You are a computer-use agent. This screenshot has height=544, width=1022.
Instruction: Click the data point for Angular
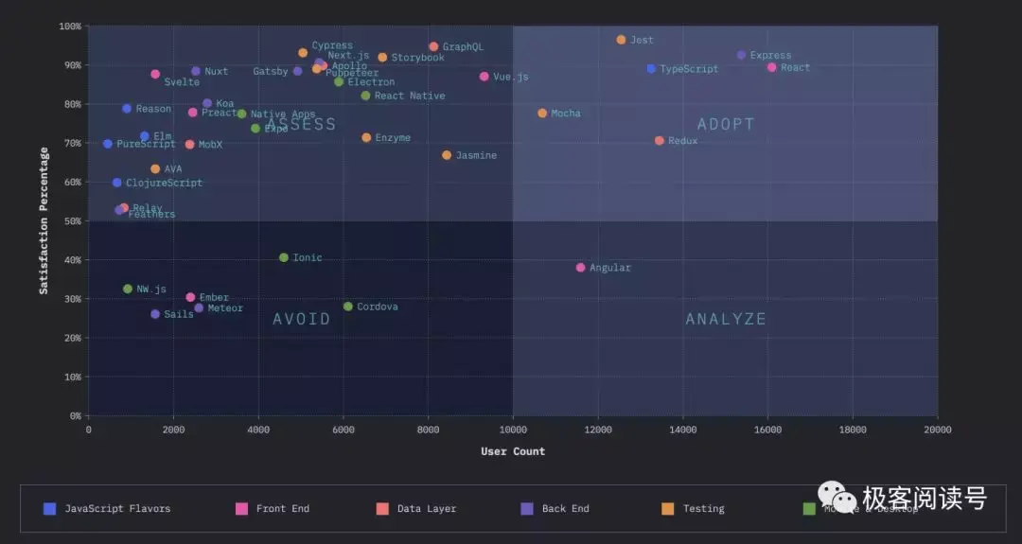[580, 268]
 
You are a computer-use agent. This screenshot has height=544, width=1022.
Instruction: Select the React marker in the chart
[771, 67]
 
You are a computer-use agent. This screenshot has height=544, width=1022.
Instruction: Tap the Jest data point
[621, 40]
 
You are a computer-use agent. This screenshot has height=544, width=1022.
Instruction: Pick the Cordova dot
[347, 307]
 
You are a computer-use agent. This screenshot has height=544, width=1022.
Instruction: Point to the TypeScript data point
[651, 69]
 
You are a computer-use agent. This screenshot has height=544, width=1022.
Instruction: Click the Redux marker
[660, 141]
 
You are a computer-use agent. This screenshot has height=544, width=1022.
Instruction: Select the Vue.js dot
[484, 77]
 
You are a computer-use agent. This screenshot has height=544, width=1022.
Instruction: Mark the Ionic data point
[284, 257]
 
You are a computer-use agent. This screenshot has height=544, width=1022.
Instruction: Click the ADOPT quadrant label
[726, 124]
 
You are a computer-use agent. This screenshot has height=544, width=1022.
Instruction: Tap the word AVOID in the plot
[302, 319]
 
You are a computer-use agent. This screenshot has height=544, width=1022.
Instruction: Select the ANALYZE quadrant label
[726, 319]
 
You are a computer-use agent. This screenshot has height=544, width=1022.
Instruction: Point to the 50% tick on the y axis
[71, 221]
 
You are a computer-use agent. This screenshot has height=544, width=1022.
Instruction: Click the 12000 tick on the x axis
[598, 430]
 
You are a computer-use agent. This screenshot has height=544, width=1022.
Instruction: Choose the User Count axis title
[513, 451]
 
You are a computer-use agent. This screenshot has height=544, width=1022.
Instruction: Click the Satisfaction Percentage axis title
[44, 219]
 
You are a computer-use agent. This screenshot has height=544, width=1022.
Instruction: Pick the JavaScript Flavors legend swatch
[50, 509]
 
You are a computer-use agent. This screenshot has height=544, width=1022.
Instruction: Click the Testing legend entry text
[703, 509]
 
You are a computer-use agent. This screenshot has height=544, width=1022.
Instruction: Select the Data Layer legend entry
[426, 509]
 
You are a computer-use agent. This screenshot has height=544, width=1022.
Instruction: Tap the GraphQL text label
[463, 46]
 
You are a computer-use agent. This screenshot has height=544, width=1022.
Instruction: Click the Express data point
[741, 55]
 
